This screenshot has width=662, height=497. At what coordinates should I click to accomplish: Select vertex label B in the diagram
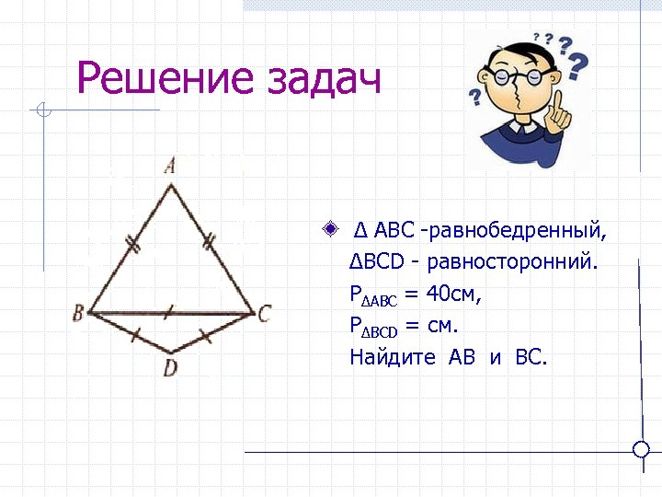coord(79,313)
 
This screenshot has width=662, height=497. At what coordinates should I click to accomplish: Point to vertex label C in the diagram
coord(264,314)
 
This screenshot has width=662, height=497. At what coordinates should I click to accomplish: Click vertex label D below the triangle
coord(170,368)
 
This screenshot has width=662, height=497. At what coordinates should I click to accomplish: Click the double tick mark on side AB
coord(132,246)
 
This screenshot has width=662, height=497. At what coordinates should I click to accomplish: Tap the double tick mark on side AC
coord(209,244)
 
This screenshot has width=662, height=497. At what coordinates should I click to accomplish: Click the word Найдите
coord(393,357)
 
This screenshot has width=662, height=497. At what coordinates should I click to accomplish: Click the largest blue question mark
coord(578,64)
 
